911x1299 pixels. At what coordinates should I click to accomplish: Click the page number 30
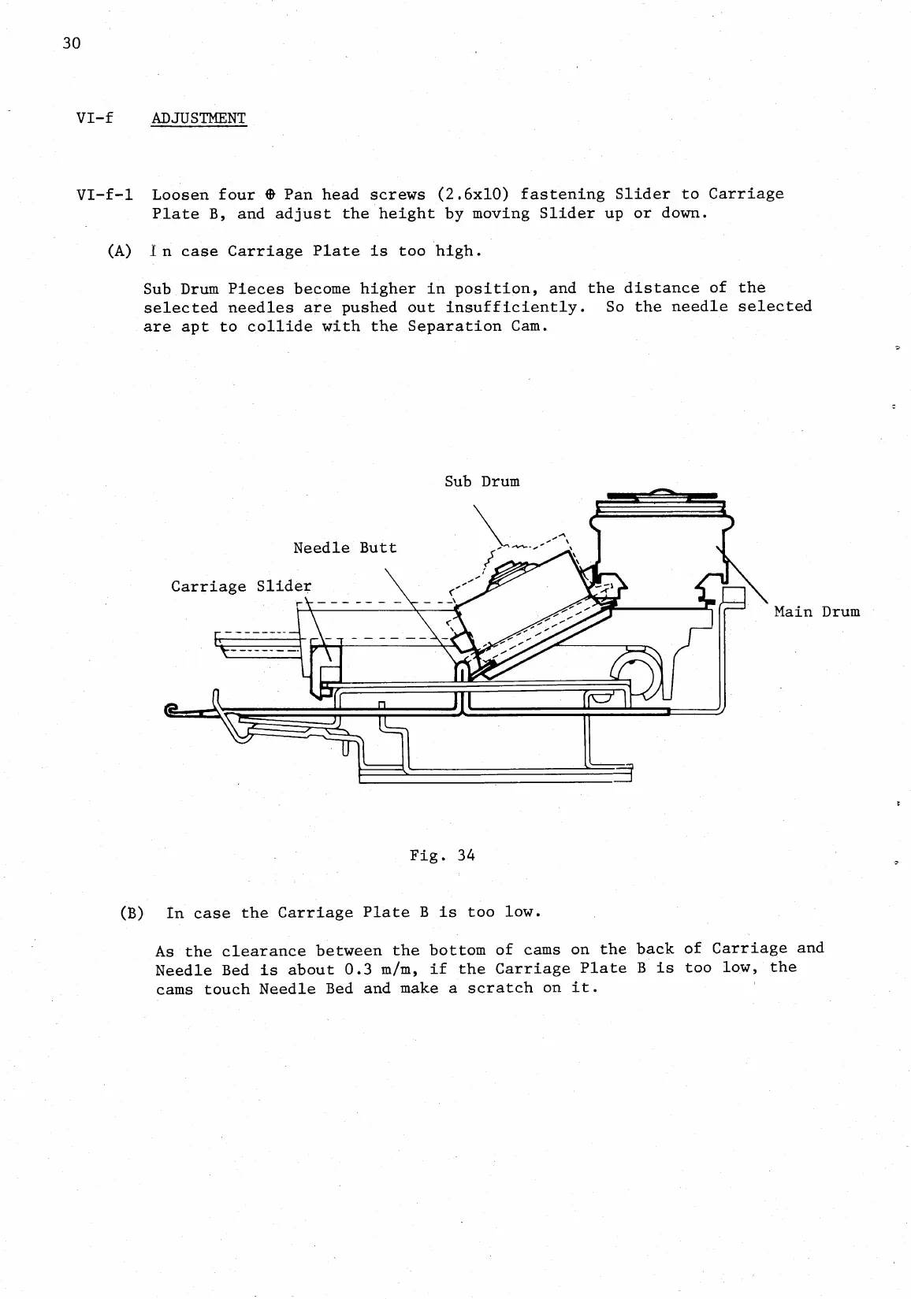pos(72,43)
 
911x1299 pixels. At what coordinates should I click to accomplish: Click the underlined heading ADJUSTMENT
pos(199,118)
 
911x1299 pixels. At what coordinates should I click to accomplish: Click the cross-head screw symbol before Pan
pos(270,195)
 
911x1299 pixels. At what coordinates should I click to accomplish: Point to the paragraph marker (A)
pos(119,251)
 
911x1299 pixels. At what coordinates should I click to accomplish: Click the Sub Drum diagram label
pos(482,481)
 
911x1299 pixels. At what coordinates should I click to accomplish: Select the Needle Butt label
pos(344,547)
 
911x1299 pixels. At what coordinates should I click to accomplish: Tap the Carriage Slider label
pos(241,586)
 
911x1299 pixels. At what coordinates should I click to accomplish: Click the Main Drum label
pos(816,611)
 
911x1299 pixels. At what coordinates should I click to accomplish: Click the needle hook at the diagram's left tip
pos(171,711)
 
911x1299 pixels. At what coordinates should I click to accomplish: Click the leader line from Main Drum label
pos(745,577)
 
